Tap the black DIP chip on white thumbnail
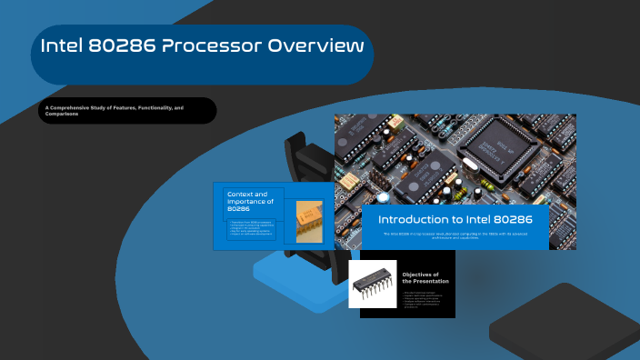coord(373,284)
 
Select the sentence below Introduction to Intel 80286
coord(455,235)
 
